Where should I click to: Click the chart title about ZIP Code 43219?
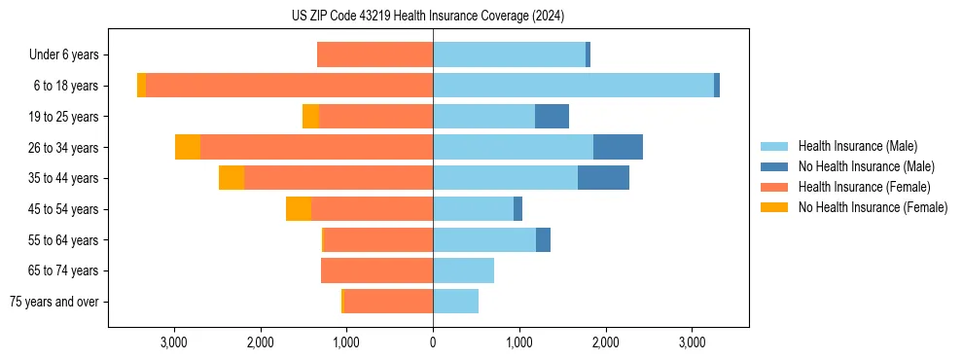[x=428, y=17]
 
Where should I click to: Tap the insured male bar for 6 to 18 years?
[x=573, y=86]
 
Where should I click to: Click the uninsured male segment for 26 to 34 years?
[x=618, y=147]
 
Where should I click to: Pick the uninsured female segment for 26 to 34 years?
[x=188, y=147]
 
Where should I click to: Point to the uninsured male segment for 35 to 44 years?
[x=603, y=178]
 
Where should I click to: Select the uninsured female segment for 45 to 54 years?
[x=299, y=209]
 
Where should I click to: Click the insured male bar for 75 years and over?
[x=455, y=302]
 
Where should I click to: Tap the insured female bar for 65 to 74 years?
[x=376, y=270]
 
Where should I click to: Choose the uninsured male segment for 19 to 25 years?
[x=552, y=117]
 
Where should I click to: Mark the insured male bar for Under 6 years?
[x=509, y=54]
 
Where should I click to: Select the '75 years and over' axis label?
[x=54, y=302]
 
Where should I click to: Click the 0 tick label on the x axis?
[x=433, y=342]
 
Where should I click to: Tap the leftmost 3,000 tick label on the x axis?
[x=174, y=342]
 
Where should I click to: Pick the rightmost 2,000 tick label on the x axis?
[x=605, y=342]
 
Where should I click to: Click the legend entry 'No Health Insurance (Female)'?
[x=873, y=207]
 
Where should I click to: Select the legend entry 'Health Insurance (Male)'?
[x=857, y=146]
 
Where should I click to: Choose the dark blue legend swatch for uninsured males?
[x=774, y=166]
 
